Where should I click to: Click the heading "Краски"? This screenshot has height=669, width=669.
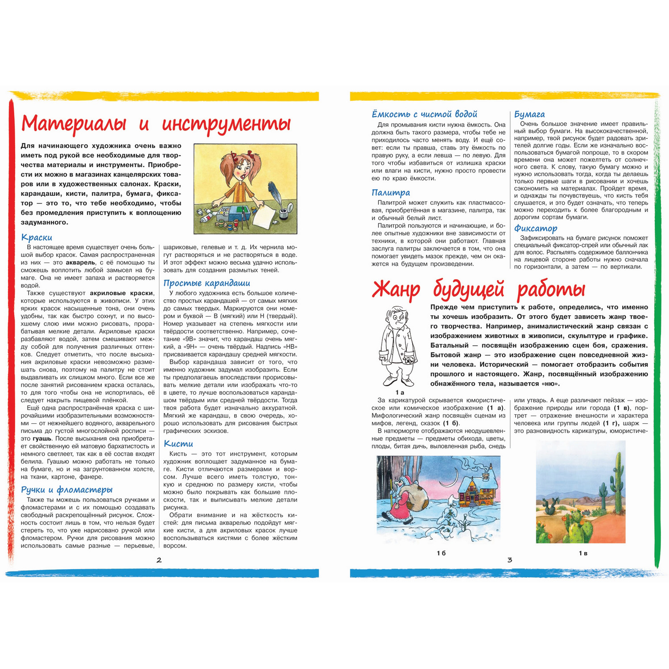(37, 238)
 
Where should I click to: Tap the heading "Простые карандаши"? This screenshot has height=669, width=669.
(206, 283)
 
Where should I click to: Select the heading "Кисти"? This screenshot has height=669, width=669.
(178, 443)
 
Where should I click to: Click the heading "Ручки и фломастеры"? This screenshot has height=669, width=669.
(66, 490)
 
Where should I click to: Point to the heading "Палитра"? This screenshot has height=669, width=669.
(391, 193)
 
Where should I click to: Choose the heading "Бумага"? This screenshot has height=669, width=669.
(529, 114)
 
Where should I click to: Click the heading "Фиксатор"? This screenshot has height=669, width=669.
(536, 228)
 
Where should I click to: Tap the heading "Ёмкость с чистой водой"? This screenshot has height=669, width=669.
(424, 114)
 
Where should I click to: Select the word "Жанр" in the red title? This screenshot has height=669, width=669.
(396, 290)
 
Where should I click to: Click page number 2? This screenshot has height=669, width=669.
(159, 560)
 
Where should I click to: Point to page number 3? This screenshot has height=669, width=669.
(510, 560)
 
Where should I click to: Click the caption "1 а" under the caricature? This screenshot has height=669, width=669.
(399, 392)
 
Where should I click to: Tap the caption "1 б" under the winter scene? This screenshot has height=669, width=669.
(441, 553)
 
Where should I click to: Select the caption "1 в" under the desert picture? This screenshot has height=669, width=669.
(583, 553)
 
